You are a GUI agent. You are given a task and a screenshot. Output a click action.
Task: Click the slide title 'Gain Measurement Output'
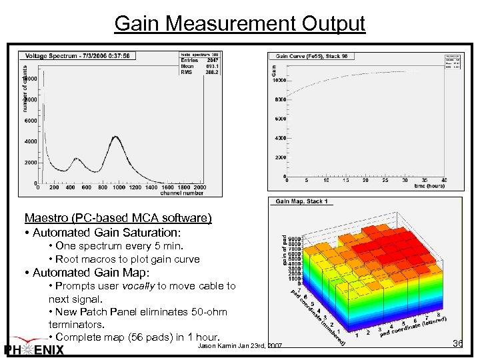239,23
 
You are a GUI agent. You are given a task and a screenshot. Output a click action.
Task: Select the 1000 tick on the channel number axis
119,188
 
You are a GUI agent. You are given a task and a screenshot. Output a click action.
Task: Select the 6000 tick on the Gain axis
279,119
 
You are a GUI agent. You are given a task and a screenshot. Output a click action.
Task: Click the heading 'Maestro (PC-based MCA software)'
118,218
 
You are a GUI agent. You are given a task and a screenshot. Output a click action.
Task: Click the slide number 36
457,343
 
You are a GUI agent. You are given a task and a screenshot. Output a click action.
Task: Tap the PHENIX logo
34,350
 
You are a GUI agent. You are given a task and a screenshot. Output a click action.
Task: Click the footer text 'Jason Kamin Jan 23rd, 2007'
240,346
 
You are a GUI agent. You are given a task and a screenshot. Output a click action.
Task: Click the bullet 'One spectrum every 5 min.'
107,246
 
